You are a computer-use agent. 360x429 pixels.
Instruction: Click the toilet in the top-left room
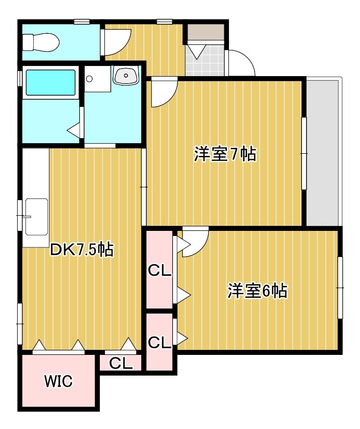pyautogui.click(x=41, y=42)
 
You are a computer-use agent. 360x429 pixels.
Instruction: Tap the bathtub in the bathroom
pyautogui.click(x=50, y=82)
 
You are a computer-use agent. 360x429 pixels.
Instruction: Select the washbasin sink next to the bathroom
pyautogui.click(x=126, y=75)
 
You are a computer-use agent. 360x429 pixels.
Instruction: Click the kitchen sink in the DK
pyautogui.click(x=36, y=217)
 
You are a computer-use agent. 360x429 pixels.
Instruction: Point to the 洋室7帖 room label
pyautogui.click(x=225, y=154)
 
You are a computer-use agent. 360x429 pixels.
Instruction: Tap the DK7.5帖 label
pyautogui.click(x=82, y=249)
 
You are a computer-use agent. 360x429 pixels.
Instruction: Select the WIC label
pyautogui.click(x=58, y=381)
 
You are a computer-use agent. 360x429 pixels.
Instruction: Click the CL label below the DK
pyautogui.click(x=121, y=363)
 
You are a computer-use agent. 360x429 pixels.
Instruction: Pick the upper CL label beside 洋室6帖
pyautogui.click(x=159, y=271)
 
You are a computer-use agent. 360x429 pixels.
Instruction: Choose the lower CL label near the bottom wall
pyautogui.click(x=159, y=342)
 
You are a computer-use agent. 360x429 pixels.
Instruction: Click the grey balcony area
pyautogui.click(x=323, y=152)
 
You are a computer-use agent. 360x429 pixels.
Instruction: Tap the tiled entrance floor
pyautogui.click(x=207, y=60)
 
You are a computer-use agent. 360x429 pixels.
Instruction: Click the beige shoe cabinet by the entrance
pyautogui.click(x=206, y=32)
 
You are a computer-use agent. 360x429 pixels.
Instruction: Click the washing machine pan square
pyautogui.click(x=97, y=79)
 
